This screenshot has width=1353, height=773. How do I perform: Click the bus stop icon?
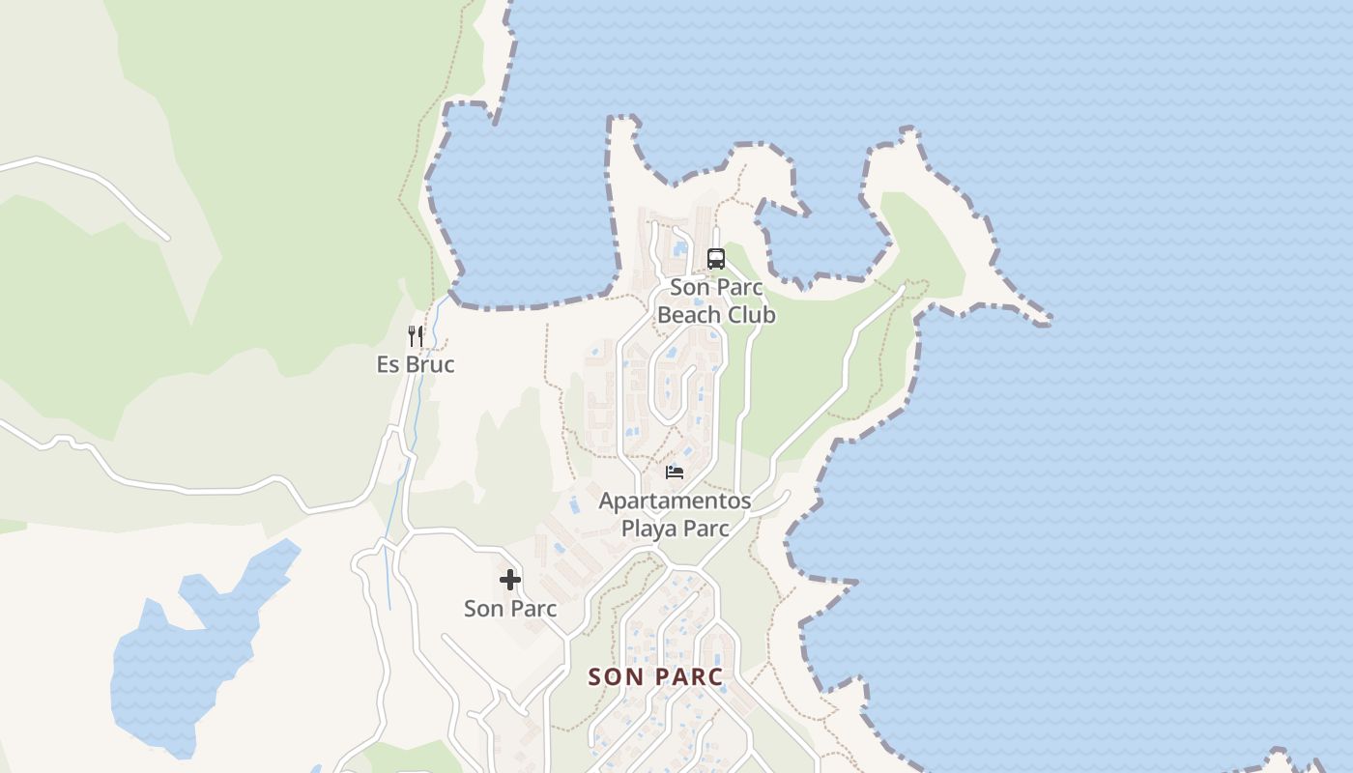coord(715,259)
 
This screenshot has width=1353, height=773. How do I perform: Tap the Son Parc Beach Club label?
coord(716,301)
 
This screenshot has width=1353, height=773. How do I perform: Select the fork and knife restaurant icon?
coord(416,336)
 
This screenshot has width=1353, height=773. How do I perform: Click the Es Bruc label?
coord(416,364)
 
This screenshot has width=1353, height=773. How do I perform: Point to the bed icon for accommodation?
coord(675,472)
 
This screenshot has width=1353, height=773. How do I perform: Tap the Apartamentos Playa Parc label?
coord(675,514)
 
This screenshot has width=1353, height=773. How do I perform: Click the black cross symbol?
coord(510,580)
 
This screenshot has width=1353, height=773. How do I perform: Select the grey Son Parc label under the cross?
coord(510,609)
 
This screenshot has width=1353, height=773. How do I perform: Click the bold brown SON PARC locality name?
coord(656,676)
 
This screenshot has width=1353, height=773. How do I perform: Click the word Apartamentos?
coord(675,501)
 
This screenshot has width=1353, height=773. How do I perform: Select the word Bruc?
coord(429,364)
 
